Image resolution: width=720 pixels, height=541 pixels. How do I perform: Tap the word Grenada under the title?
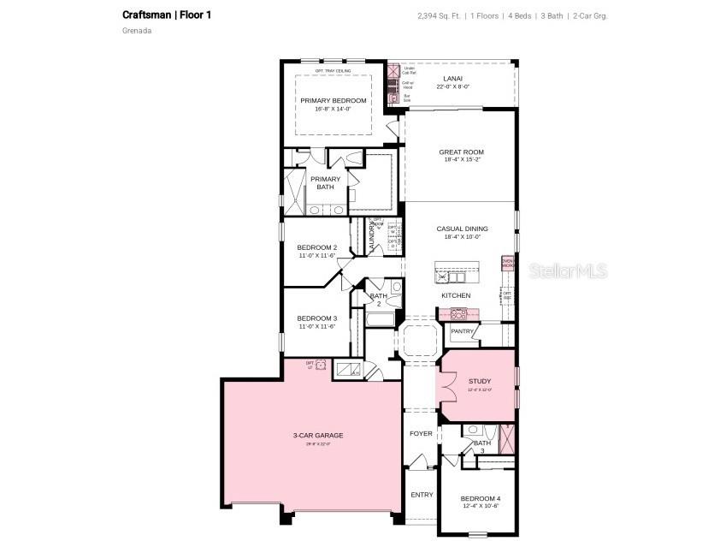[x=137, y=31]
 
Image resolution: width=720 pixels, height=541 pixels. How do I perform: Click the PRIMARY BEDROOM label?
[x=333, y=101]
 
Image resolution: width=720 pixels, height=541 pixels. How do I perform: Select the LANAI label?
[x=452, y=79]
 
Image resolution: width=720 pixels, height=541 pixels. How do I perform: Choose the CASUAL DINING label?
[x=462, y=229]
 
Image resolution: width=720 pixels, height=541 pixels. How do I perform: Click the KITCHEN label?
[x=456, y=295]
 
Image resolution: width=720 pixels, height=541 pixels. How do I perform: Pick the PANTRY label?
[x=462, y=331]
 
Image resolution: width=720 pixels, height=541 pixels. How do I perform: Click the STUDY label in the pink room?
[x=479, y=381]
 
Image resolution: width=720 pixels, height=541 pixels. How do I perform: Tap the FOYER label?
[x=421, y=434]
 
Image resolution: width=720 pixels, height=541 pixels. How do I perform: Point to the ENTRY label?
[x=422, y=495]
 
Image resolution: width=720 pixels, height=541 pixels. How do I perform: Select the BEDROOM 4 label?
[x=480, y=498]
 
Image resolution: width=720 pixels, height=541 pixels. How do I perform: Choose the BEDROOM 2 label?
[x=316, y=247]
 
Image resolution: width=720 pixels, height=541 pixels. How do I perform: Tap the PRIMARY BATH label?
[x=325, y=182]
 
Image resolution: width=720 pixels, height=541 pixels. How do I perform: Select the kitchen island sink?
[x=451, y=276]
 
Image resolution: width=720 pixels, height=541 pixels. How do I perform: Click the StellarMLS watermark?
[x=568, y=271]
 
